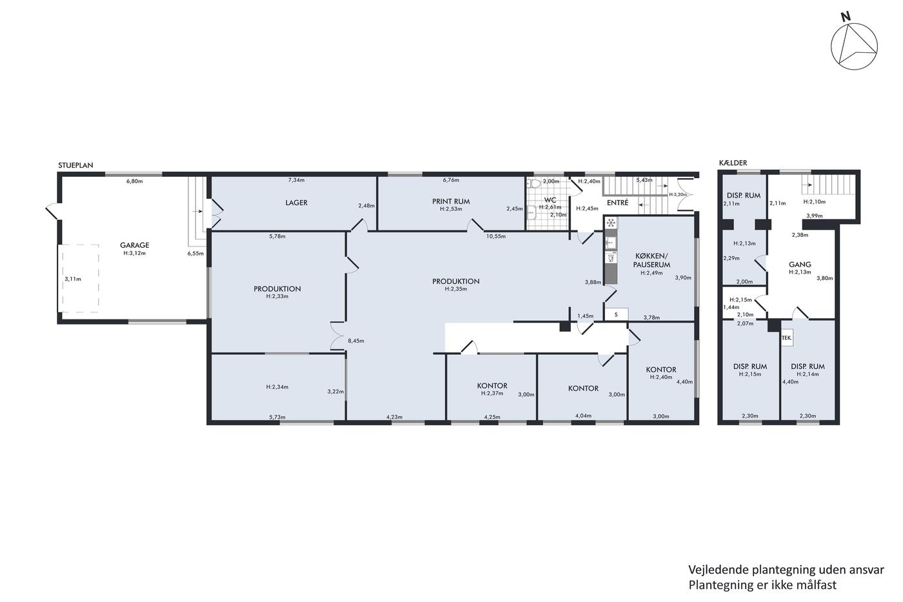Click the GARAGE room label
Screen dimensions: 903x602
[x=135, y=245]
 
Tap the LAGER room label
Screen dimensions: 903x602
[x=296, y=203]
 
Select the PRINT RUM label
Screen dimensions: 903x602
[x=451, y=201]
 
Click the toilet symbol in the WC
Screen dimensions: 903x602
[x=535, y=183]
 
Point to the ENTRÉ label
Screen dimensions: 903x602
[x=618, y=203]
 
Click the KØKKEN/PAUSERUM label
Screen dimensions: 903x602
[x=651, y=261]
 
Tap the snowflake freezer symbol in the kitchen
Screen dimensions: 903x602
[x=611, y=223]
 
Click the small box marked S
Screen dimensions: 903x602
[x=616, y=314]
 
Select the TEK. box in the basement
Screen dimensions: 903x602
[x=787, y=338]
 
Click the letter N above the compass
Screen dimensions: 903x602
[x=846, y=17]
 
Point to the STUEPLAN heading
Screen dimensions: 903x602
[x=75, y=165]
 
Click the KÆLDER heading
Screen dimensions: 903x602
[x=733, y=163]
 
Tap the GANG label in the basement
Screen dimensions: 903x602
[x=800, y=265]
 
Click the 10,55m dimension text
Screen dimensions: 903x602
[x=496, y=236]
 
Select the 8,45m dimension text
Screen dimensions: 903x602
[x=356, y=341]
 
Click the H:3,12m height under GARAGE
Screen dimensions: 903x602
[x=135, y=253]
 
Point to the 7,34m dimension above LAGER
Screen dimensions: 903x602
[x=296, y=180]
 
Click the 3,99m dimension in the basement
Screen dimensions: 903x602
[x=814, y=216]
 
